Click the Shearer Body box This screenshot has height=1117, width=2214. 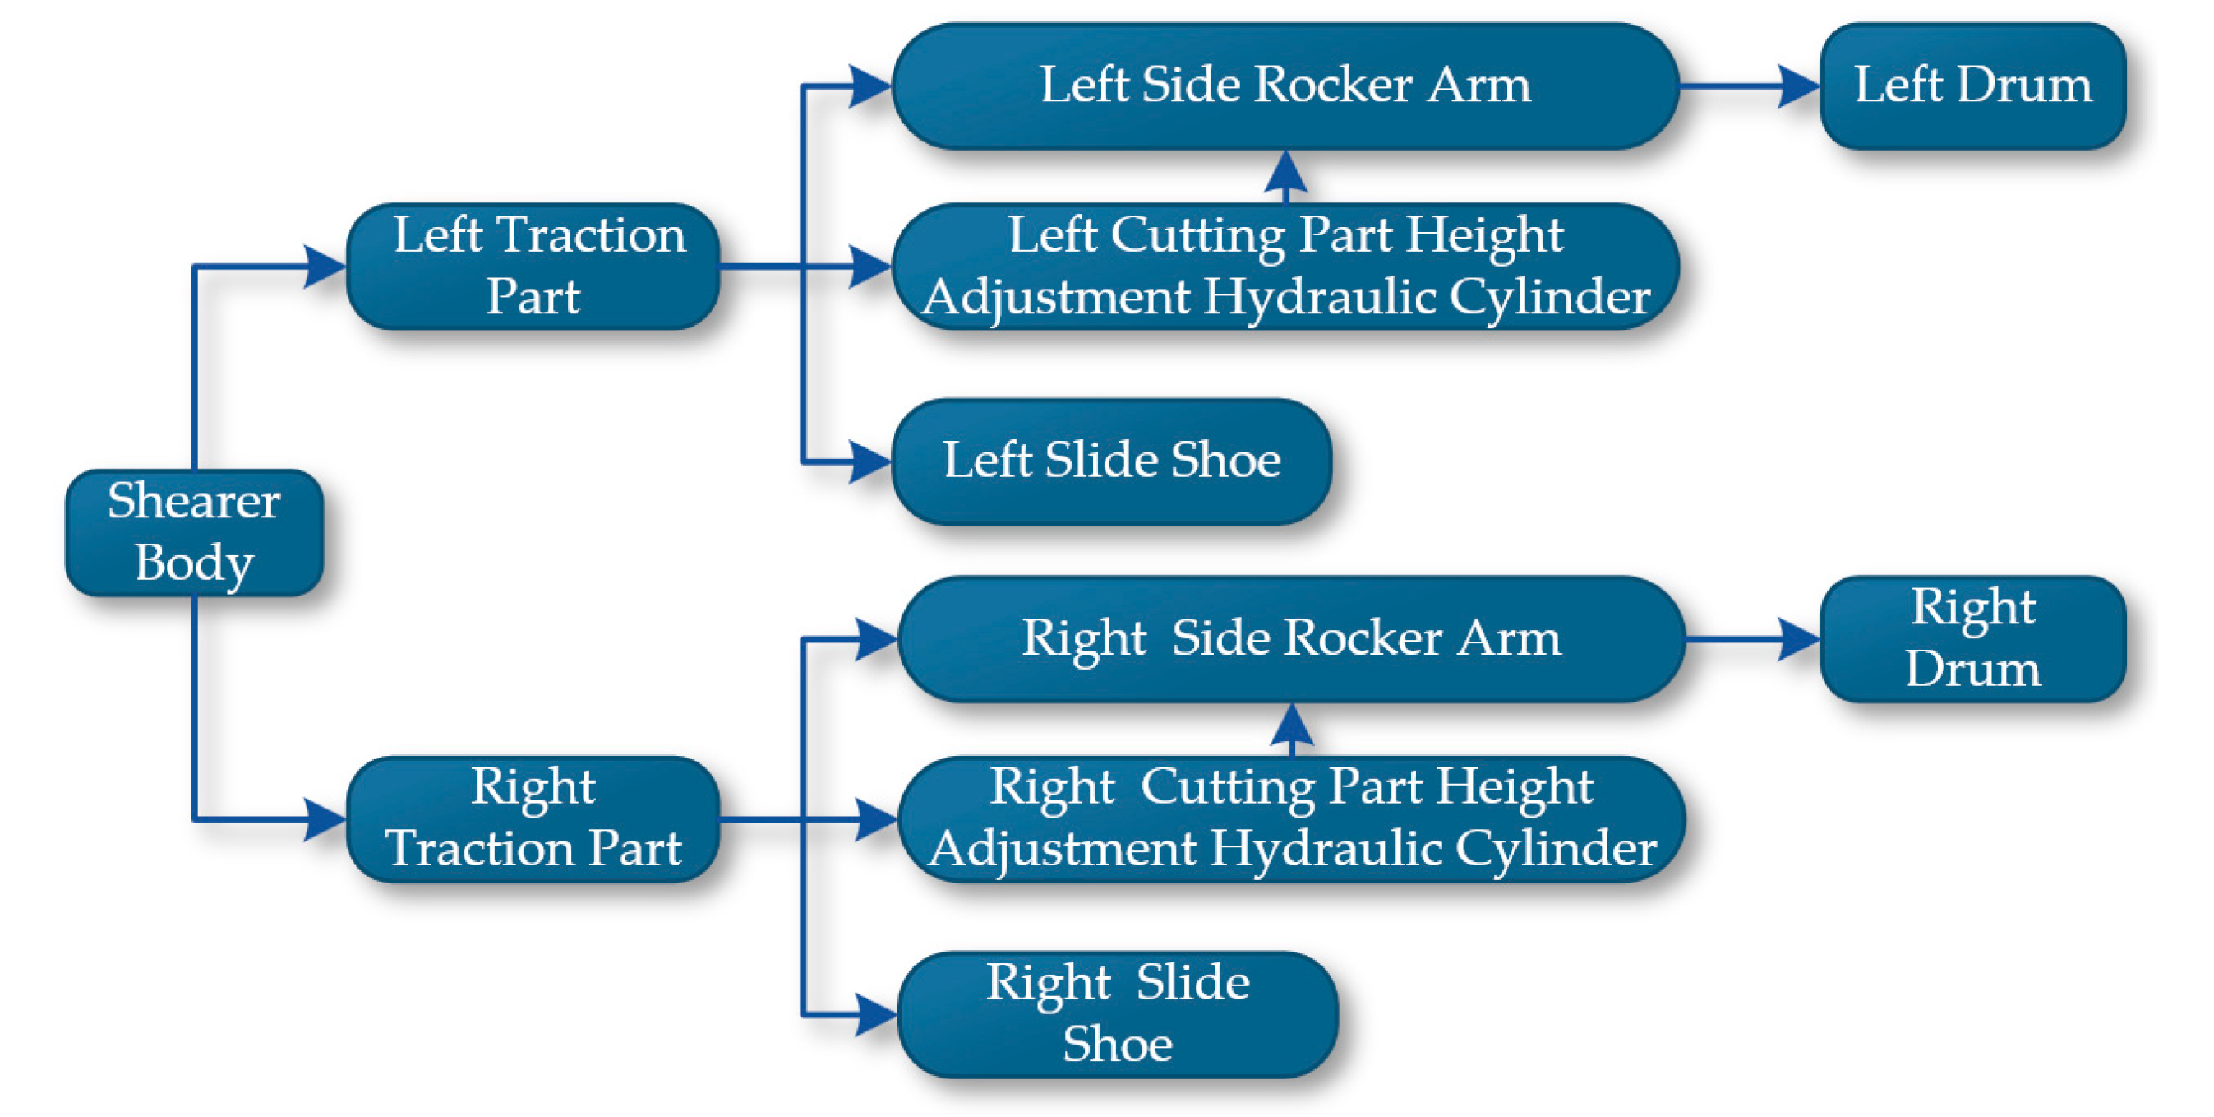click(x=194, y=532)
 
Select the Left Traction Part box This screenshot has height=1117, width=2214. click(x=533, y=266)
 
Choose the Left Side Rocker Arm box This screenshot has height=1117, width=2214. click(x=1285, y=86)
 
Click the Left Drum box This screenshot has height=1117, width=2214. click(x=1972, y=86)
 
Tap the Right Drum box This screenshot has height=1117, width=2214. click(x=1972, y=639)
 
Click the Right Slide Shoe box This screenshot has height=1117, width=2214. click(x=1118, y=1014)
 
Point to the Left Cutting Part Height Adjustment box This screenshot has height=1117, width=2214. click(x=1285, y=266)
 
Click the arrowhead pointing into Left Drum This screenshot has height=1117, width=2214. click(x=1798, y=86)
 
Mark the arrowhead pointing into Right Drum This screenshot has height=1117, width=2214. click(x=1798, y=639)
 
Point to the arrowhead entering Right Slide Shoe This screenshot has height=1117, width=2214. click(x=876, y=1015)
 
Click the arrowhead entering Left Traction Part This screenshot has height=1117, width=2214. click(x=325, y=266)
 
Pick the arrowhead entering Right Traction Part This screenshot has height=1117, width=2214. click(x=325, y=818)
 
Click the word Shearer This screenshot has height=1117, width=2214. click(x=194, y=501)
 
